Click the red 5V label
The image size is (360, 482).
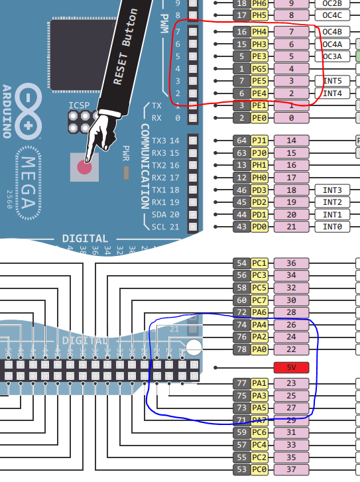pyautogui.click(x=291, y=367)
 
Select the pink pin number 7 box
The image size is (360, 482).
pyautogui.click(x=291, y=31)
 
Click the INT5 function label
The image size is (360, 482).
pyautogui.click(x=331, y=81)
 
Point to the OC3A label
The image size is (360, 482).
pyautogui.click(x=331, y=56)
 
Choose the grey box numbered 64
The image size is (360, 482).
pyautogui.click(x=241, y=141)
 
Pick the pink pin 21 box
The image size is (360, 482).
pyautogui.click(x=291, y=227)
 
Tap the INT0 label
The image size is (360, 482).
pyautogui.click(x=331, y=227)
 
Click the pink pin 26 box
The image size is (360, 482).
pyautogui.click(x=291, y=325)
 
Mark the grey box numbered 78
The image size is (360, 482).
pyautogui.click(x=241, y=349)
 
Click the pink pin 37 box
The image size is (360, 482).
pyautogui.click(x=291, y=469)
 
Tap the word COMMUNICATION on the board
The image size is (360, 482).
pyautogui.click(x=145, y=166)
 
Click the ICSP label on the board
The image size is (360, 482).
pyautogui.click(x=79, y=105)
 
